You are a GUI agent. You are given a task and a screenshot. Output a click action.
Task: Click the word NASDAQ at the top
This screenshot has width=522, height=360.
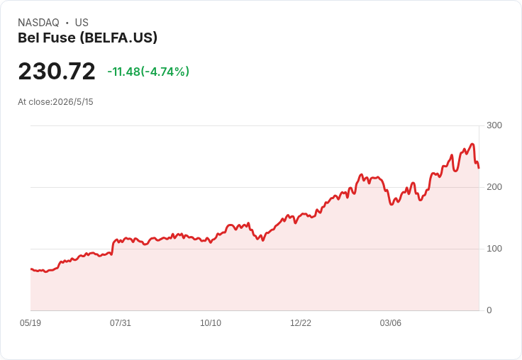coord(38,23)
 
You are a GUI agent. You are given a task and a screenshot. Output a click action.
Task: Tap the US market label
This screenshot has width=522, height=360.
coord(82,23)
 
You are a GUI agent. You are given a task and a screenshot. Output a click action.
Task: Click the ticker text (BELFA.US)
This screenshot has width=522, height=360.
coord(118,38)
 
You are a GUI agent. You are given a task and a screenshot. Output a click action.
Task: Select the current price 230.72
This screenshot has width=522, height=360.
coord(57,71)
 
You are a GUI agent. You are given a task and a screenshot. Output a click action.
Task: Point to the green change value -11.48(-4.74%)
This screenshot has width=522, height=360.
coord(148,72)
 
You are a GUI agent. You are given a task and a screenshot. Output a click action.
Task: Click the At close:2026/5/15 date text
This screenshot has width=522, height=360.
coord(55,102)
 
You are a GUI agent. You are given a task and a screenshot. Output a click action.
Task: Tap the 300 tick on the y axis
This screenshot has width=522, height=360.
coord(494,125)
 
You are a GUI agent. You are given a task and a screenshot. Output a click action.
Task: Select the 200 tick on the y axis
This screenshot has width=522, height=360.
coord(494,187)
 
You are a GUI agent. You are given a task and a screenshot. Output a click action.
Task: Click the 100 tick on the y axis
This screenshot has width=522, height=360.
coord(494,249)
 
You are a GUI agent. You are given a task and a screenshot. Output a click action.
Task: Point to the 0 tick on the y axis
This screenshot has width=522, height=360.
coord(489,310)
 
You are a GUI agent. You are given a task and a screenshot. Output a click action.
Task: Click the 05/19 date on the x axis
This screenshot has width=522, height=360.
coord(30,323)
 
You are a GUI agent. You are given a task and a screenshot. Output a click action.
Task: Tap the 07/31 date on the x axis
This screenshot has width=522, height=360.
coord(121,323)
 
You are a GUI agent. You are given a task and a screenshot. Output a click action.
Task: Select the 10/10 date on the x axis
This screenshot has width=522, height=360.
coord(211,323)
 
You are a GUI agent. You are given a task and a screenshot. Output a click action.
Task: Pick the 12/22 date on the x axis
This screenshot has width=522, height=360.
coord(301,323)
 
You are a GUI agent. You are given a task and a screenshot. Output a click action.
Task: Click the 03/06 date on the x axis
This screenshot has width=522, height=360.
coord(391,323)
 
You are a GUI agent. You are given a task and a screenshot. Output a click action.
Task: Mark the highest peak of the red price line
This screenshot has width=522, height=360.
coord(472,144)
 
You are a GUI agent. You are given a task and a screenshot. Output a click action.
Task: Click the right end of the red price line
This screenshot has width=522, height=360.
coord(479,168)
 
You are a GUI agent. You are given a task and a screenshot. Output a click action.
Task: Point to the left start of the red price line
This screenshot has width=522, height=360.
coord(31,269)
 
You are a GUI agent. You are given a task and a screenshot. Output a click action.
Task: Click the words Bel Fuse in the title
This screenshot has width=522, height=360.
coord(47,38)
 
